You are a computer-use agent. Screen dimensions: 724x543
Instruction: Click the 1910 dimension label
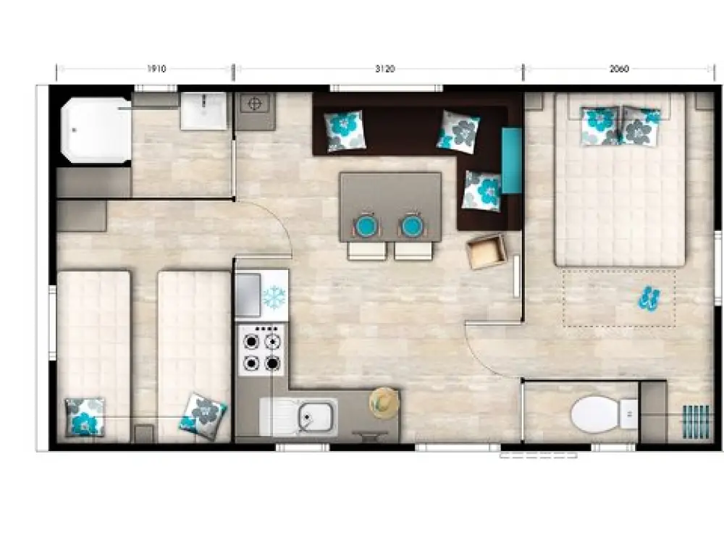coord(156,69)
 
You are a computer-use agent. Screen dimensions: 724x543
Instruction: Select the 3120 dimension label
coord(385,69)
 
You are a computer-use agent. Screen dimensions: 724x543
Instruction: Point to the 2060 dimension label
coord(619,69)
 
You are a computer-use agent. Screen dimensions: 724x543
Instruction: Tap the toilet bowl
coord(596,413)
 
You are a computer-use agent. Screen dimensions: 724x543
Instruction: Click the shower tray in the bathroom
coord(96,130)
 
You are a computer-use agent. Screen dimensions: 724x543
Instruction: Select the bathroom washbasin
coord(203,111)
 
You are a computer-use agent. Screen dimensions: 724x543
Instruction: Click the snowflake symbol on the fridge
coord(274,296)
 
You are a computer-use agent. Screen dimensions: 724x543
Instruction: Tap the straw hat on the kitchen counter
coord(384,403)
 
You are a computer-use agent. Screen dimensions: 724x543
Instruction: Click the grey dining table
coord(391,206)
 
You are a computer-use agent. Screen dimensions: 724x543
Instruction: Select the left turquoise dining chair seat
coord(367,226)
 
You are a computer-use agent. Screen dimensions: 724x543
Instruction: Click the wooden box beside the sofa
coord(487,251)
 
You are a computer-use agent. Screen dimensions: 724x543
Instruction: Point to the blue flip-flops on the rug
coord(649,298)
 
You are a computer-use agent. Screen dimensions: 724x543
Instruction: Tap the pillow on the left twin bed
coord(85,417)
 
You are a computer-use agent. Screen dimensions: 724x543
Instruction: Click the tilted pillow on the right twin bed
coord(203,416)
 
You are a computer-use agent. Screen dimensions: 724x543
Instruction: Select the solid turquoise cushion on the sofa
coord(512,160)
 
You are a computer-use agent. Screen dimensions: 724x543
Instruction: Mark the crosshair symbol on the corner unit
coord(255,104)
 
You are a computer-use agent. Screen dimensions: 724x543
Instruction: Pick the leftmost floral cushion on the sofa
coord(345,130)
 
